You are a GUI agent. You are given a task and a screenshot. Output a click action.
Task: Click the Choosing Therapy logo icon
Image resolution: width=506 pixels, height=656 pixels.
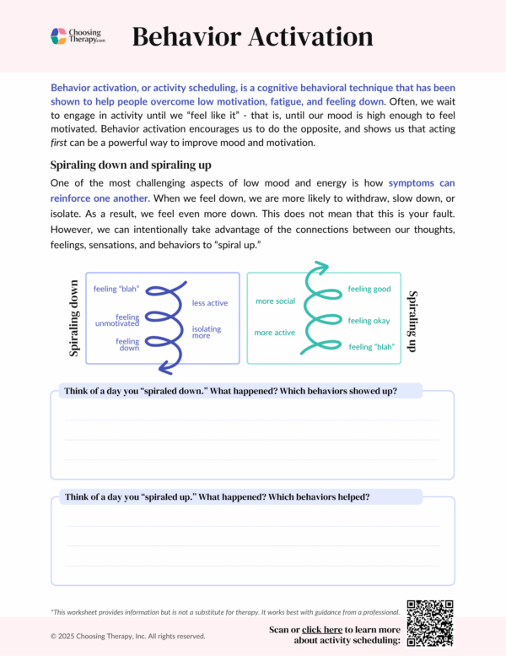(x=58, y=36)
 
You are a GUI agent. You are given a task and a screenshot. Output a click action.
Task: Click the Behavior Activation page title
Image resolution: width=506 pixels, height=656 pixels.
(x=252, y=36)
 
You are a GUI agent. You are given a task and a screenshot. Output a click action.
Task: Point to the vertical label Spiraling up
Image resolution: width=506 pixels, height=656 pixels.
(x=413, y=321)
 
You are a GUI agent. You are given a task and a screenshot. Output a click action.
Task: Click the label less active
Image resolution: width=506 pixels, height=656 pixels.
(x=209, y=303)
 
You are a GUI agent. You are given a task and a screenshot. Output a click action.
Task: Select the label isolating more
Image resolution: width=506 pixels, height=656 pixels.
(x=207, y=332)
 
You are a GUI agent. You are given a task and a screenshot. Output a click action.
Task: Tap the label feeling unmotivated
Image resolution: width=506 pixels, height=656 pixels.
(x=117, y=320)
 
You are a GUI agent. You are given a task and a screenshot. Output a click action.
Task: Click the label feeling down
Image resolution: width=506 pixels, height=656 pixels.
(x=127, y=344)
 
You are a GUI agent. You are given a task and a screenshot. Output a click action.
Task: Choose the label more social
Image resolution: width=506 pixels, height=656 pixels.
(x=275, y=301)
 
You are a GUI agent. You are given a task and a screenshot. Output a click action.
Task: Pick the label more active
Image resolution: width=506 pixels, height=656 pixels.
(x=275, y=333)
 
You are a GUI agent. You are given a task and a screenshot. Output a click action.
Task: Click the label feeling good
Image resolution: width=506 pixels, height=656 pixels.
(x=369, y=290)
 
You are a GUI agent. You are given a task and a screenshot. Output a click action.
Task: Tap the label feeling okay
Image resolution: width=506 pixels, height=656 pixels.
(x=369, y=321)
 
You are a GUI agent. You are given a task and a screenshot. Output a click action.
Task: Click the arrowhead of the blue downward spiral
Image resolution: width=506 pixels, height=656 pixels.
(x=164, y=366)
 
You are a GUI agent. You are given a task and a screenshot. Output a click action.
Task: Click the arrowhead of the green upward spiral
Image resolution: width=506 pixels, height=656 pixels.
(x=317, y=269)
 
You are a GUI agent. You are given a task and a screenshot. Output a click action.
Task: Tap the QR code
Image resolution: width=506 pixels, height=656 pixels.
(x=430, y=623)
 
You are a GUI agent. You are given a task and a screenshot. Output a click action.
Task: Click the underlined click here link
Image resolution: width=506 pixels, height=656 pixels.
(x=321, y=630)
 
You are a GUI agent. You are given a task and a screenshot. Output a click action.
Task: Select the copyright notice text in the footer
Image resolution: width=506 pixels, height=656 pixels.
(x=127, y=636)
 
